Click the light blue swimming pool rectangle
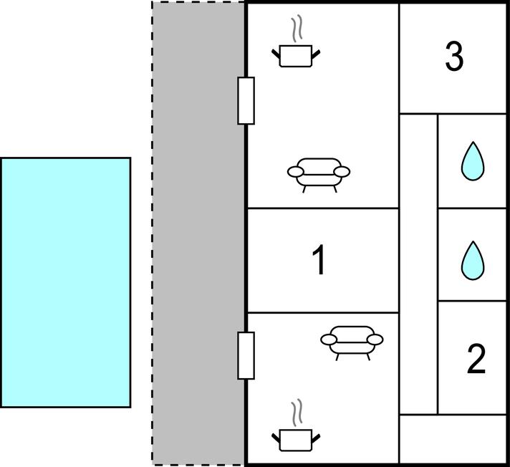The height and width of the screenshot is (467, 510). point(66,282)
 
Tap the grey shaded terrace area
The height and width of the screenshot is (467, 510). point(198,233)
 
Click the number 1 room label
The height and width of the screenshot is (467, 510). point(319,260)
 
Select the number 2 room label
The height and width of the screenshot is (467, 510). point(476,359)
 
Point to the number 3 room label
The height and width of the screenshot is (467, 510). point(454,57)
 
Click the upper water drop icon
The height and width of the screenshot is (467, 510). point(473,161)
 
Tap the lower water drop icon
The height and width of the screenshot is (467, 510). point(473,261)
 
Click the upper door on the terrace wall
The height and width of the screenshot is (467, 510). point(246,101)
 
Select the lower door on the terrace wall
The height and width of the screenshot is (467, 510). point(246,356)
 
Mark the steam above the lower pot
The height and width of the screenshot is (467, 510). point(297,413)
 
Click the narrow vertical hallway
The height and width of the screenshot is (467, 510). point(418,264)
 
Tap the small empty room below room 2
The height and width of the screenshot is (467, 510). point(453,438)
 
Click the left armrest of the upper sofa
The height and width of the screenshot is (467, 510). point(296,171)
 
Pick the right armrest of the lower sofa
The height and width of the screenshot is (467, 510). point(375,340)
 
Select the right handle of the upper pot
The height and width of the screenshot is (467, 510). point(316,54)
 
